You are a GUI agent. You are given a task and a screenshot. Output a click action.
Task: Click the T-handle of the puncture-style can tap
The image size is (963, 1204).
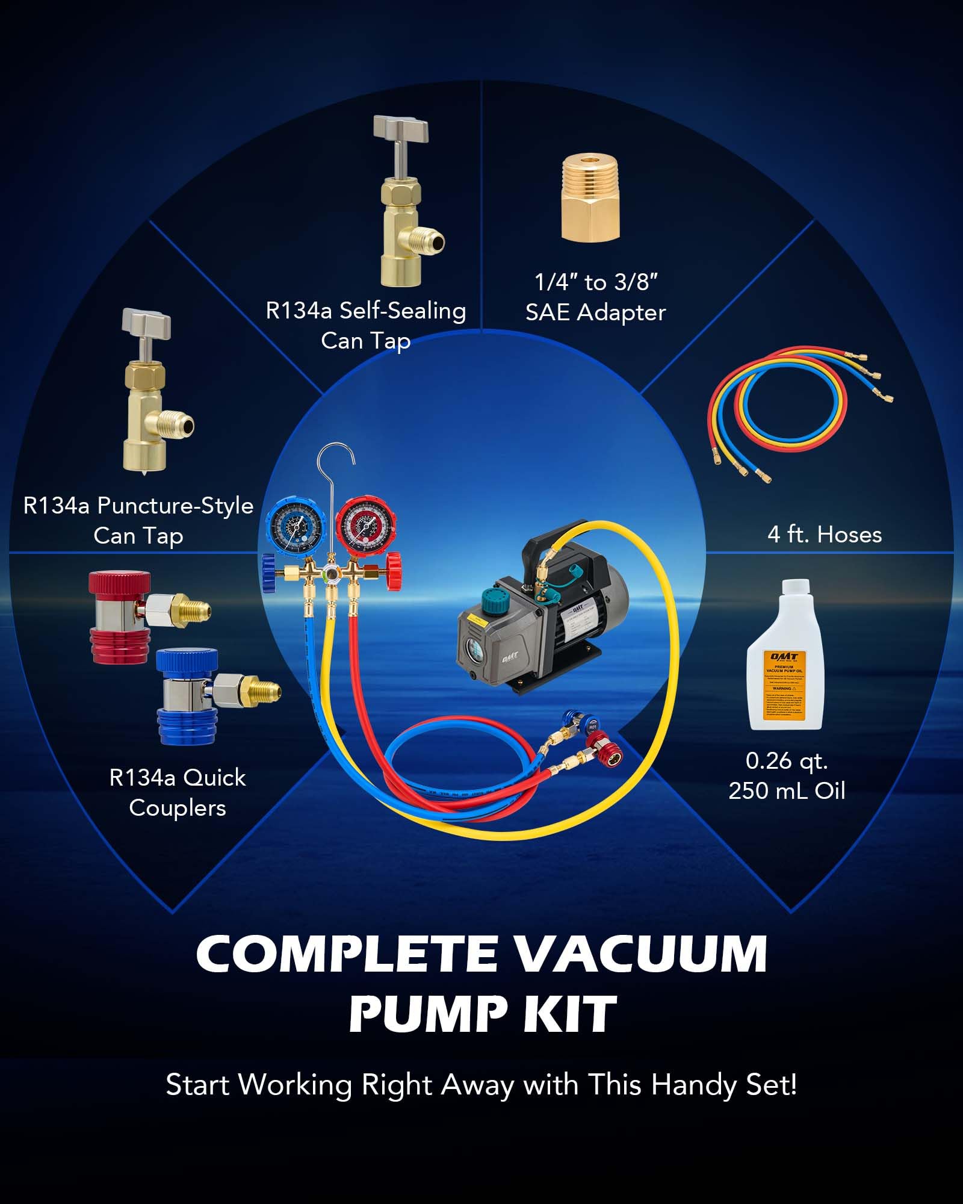[146, 323]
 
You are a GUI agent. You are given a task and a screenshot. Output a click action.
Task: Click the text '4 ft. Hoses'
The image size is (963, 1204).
[824, 535]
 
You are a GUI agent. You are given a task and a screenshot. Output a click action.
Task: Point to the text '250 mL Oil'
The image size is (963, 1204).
[787, 791]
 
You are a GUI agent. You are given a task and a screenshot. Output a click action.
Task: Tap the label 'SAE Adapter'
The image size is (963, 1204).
[595, 312]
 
